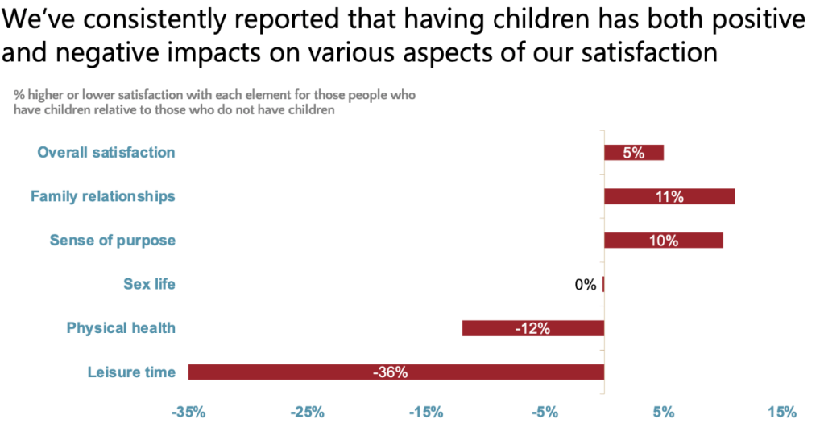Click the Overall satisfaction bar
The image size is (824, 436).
tap(634, 153)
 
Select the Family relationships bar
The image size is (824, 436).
tap(669, 196)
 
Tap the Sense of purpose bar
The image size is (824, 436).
tap(663, 241)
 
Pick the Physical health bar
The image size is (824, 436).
tap(532, 328)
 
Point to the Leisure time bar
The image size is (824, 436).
tap(395, 372)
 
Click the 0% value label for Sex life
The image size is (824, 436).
tap(586, 284)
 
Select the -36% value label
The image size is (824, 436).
tap(390, 372)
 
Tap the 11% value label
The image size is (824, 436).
tap(669, 197)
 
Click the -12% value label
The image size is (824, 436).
tap(532, 328)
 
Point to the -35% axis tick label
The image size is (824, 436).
tap(188, 413)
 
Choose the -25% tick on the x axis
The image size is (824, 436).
tap(307, 413)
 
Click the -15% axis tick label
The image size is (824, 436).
tap(425, 413)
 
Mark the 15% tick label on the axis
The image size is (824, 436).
tap(782, 413)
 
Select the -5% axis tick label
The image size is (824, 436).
tap(545, 413)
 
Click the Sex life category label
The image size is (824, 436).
tap(149, 284)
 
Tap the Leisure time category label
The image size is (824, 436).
tap(131, 372)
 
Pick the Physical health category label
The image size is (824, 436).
tap(121, 328)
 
